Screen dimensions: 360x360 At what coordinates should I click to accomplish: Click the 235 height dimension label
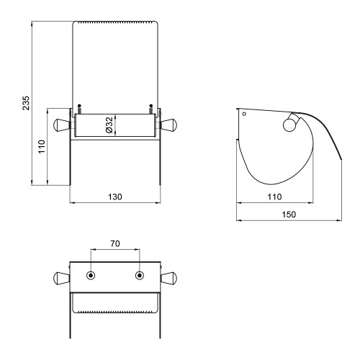click(26, 103)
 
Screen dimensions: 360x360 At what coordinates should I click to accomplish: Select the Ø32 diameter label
click(109, 125)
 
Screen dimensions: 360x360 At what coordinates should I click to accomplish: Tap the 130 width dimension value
click(115, 197)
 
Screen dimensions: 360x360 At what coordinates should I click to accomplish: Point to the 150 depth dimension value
click(289, 215)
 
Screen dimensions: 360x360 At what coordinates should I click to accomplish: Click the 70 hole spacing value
click(115, 243)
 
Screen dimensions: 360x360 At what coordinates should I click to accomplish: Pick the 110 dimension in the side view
click(274, 197)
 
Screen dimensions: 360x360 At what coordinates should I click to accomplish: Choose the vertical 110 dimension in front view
click(42, 147)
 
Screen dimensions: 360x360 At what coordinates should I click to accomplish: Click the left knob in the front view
click(62, 125)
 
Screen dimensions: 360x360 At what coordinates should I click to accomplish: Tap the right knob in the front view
click(169, 125)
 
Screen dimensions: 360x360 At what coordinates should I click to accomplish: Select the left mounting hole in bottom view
click(91, 275)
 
